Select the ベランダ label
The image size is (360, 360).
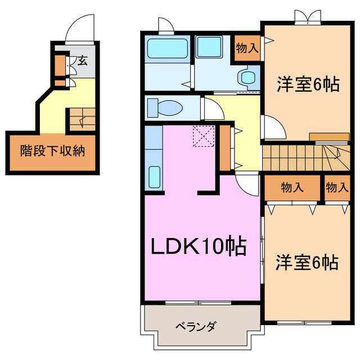pos(195,326)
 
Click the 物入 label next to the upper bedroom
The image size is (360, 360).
pos(247,48)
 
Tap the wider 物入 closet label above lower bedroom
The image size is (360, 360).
pos(292,188)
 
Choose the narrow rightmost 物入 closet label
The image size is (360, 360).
pos(337,188)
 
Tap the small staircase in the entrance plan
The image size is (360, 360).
pos(81,119)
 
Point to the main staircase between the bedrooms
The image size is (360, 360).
pos(304,157)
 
